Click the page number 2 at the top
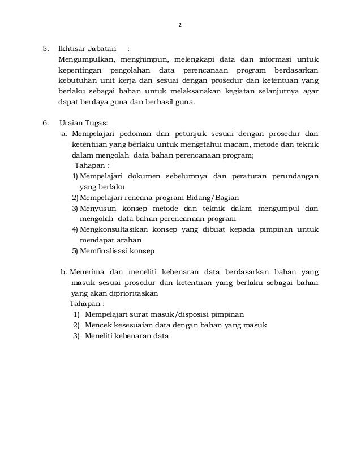coord(180,25)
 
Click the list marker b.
coord(63,272)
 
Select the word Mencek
coord(97,325)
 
